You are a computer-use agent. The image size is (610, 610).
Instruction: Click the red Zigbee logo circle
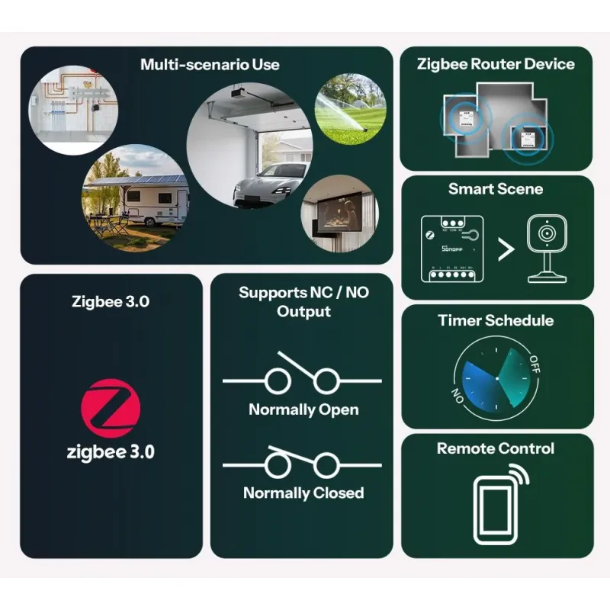[111, 409]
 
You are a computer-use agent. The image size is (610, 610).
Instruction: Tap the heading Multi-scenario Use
[210, 65]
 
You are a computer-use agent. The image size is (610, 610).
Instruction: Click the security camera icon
[547, 249]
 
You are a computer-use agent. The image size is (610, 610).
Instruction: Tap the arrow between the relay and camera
[506, 249]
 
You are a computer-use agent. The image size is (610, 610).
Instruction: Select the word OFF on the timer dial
[535, 364]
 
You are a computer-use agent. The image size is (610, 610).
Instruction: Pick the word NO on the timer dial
[458, 396]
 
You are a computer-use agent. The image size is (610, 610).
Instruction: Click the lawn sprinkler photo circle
[351, 109]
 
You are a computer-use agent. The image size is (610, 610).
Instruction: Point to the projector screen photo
[339, 213]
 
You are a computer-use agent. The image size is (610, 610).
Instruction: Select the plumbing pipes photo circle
[72, 110]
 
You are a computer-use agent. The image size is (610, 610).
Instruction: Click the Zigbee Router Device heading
[496, 64]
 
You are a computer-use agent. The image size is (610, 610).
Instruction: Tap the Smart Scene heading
[496, 189]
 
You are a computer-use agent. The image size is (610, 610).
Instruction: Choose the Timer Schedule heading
[496, 320]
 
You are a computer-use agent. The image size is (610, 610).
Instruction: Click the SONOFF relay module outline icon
[452, 249]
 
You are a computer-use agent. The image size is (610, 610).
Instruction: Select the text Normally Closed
[303, 493]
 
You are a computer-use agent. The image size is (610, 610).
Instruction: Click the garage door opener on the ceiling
[240, 93]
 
